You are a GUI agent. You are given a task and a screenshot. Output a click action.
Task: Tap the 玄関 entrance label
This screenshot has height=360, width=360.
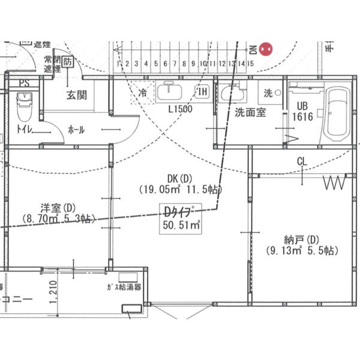point(76,94)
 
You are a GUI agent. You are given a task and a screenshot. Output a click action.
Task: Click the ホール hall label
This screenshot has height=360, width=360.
point(76,130)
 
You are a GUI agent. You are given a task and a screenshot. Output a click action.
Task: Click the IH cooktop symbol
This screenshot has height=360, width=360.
point(203,92)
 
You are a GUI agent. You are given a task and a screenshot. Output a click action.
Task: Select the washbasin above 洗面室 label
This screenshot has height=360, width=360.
point(232,93)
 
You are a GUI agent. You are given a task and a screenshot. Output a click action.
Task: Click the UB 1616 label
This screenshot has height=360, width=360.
point(302,111)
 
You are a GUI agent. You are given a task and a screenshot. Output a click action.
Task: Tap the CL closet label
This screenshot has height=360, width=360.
point(302,161)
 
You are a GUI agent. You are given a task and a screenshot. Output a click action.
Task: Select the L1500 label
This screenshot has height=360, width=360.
point(180,109)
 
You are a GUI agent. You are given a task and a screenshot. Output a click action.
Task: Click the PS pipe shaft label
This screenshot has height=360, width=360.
point(24,83)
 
